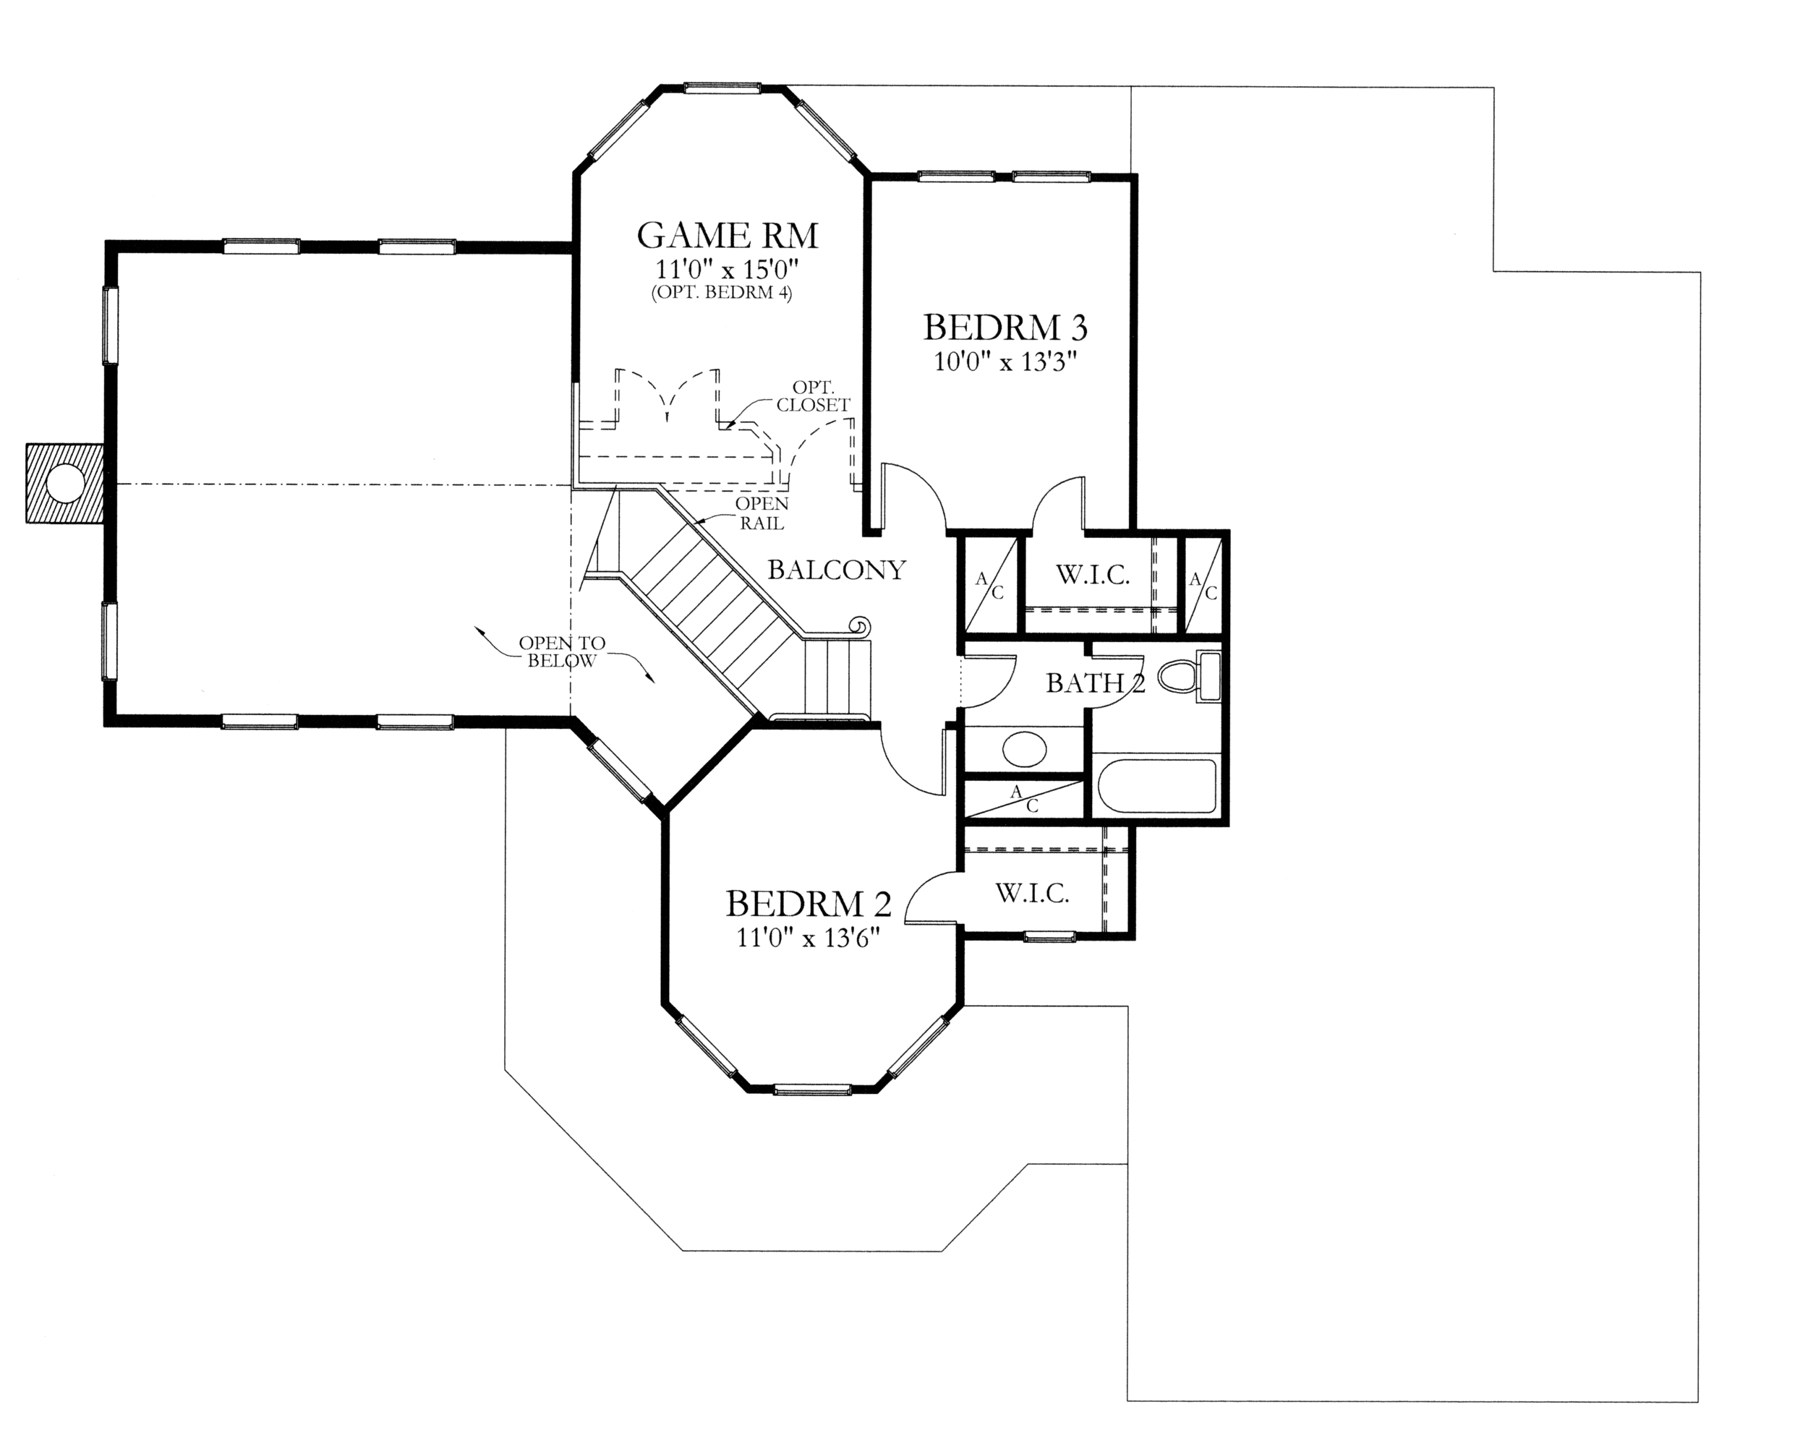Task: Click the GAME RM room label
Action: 727,236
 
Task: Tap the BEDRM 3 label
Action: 1005,327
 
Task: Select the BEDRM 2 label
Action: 809,903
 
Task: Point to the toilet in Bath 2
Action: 1190,676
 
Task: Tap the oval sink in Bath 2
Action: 1025,750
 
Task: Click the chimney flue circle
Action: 64,484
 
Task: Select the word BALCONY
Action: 837,570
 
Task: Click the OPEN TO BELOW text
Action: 562,651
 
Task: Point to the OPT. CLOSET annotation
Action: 814,395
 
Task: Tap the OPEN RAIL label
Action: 762,513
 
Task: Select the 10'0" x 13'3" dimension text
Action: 1005,362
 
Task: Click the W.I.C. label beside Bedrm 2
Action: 1032,893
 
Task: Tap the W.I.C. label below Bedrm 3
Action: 1093,576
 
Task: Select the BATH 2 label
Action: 1095,683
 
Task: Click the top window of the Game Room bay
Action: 722,86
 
